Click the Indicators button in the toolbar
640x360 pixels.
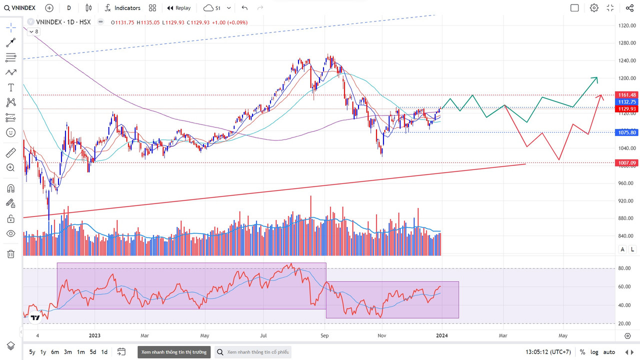tap(122, 8)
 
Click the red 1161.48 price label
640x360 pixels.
tap(626, 95)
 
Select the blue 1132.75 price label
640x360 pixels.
tap(626, 102)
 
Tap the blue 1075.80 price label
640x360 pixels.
tap(626, 132)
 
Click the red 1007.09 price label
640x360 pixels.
tap(626, 163)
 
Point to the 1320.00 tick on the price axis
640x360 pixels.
tap(626, 25)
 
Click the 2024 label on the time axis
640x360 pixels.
tap(441, 335)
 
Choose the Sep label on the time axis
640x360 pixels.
tap(324, 335)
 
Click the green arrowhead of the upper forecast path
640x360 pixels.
tap(595, 78)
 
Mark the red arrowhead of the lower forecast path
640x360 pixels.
tap(601, 95)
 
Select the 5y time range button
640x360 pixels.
tap(32, 352)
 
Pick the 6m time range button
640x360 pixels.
tap(55, 352)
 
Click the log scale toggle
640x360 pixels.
tap(594, 352)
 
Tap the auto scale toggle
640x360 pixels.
tap(609, 352)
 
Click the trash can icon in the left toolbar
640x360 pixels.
tap(10, 254)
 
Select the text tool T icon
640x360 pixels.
tap(10, 87)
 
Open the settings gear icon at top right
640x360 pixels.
tap(594, 8)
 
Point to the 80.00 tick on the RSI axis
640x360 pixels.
tap(624, 268)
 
